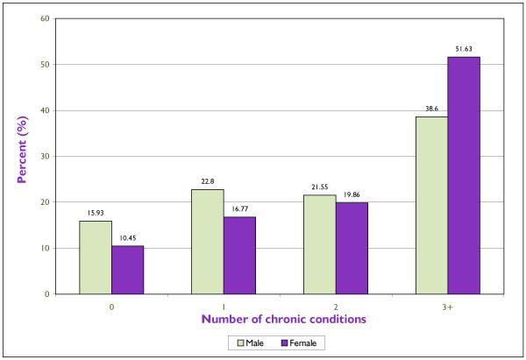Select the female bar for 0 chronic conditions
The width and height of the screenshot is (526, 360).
(127, 270)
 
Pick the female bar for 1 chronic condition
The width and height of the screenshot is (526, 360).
(239, 255)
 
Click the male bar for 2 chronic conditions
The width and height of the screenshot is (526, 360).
(319, 244)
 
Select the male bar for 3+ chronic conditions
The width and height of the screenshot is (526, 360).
(431, 206)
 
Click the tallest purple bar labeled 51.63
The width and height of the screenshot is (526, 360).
(464, 175)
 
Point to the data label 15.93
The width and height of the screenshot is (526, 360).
(96, 213)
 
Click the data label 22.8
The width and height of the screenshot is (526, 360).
(207, 181)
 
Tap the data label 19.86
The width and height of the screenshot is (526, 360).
(352, 194)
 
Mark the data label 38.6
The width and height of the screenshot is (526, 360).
(431, 109)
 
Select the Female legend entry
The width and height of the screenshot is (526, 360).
(301, 343)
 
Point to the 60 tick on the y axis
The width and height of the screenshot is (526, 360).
(43, 18)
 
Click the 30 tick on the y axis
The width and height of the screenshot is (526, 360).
(43, 156)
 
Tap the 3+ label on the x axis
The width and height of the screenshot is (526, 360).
(447, 307)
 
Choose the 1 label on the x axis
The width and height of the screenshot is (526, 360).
(223, 307)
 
